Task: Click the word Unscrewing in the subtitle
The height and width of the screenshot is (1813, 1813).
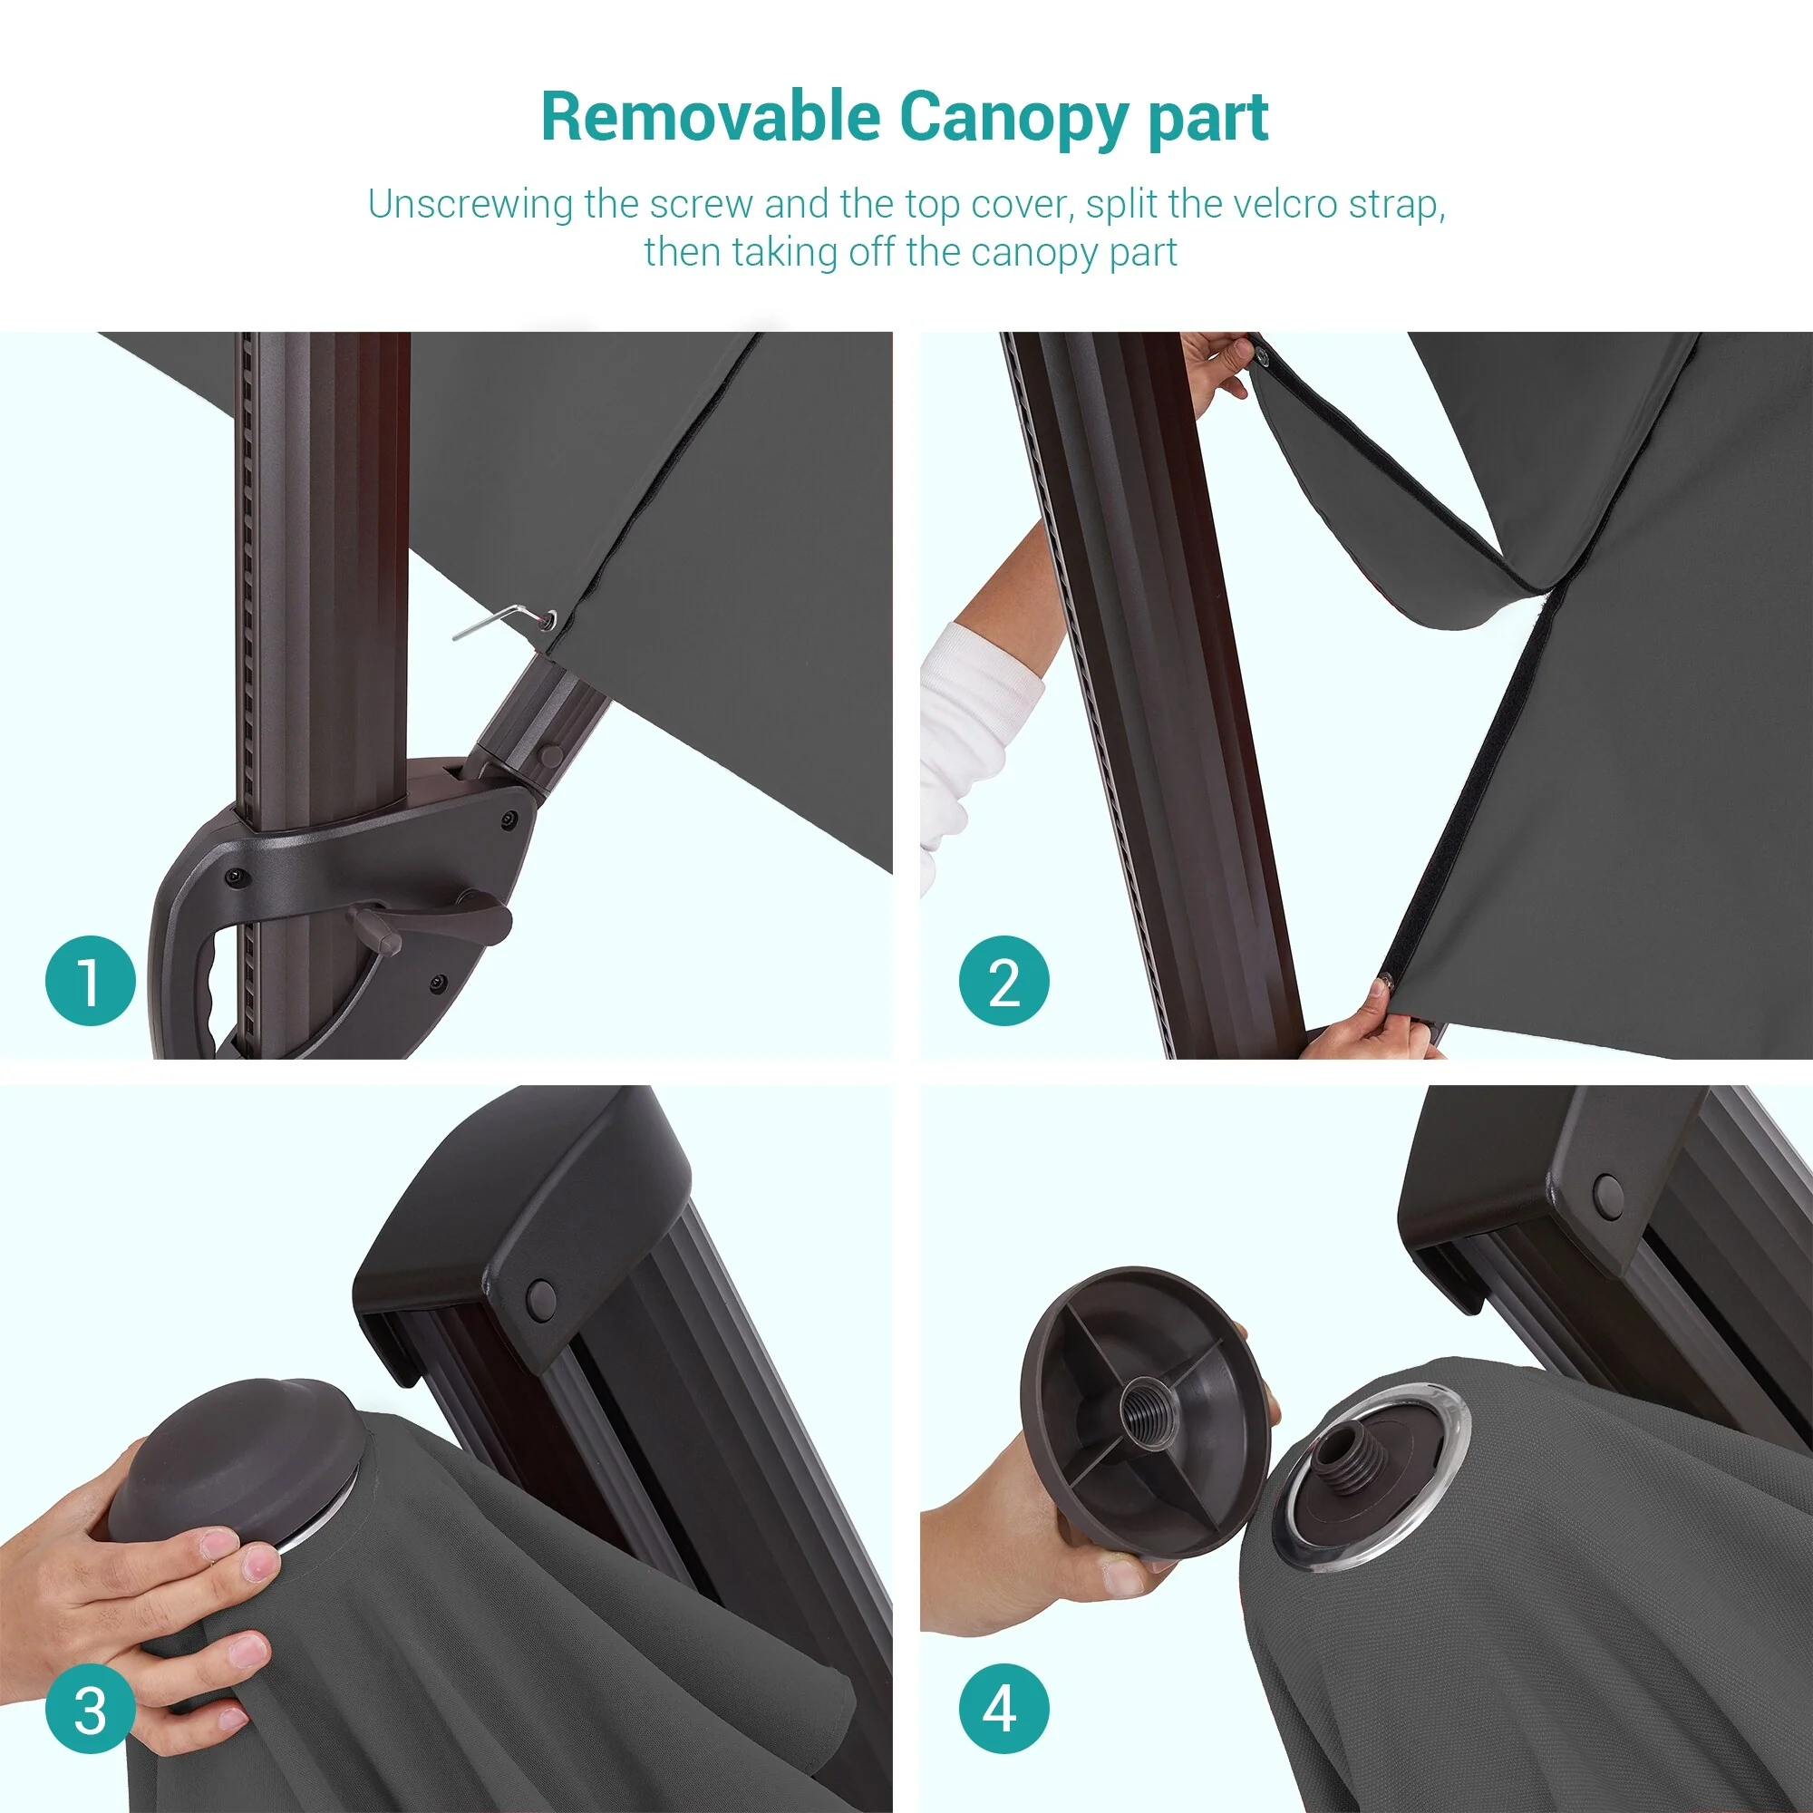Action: (470, 206)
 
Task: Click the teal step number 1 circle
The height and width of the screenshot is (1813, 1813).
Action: (90, 981)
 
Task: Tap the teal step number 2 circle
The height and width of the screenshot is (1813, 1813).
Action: (1004, 981)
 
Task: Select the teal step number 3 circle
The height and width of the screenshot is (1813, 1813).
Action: (90, 1711)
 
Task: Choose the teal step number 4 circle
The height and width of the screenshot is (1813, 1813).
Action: (1004, 1711)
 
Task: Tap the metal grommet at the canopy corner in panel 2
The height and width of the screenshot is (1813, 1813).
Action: (1261, 354)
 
